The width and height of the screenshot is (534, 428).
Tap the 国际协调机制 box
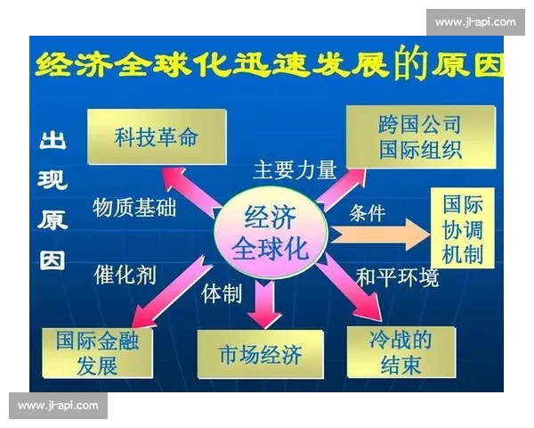(463, 229)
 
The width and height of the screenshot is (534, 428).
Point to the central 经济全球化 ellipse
(271, 233)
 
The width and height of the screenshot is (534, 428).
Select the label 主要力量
(294, 169)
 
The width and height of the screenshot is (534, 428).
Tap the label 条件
(367, 212)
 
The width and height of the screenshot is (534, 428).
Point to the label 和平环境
(397, 277)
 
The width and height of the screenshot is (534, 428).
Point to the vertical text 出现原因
(52, 202)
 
